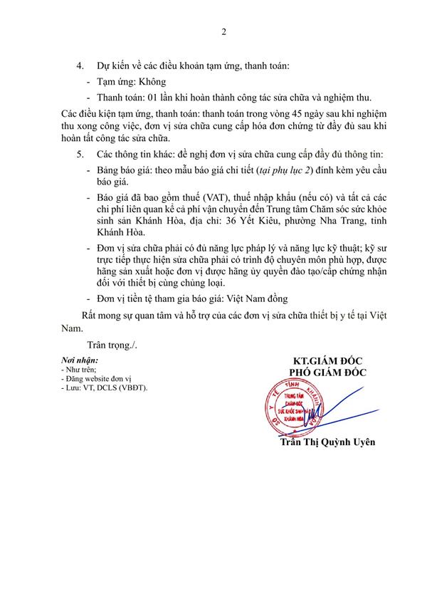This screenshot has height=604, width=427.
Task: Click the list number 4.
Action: [x=80, y=66]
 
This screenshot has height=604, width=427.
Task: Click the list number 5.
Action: [x=80, y=155]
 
